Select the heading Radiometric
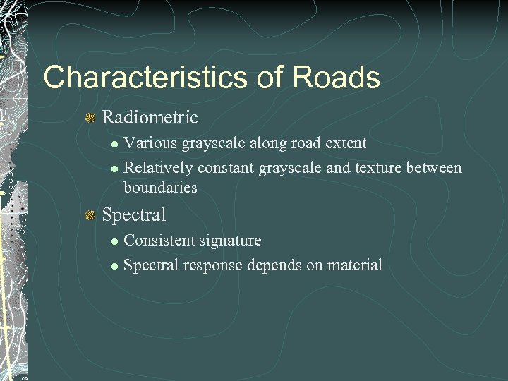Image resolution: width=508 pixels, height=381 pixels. pos(150,117)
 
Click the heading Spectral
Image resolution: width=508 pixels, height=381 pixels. pos(134,214)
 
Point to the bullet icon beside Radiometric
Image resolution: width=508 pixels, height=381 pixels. pos(90,118)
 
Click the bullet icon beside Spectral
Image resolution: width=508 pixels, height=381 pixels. pos(90,215)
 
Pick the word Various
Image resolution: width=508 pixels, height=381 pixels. pos(150,143)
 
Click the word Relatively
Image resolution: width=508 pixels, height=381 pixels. pos(158,168)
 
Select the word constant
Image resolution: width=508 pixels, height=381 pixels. pos(226,168)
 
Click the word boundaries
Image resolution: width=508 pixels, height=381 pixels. pos(160,188)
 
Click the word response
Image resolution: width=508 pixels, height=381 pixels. pos(212,265)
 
